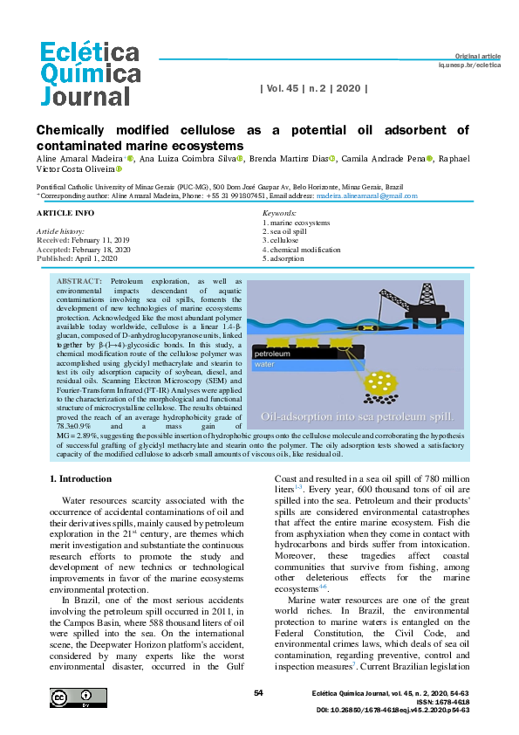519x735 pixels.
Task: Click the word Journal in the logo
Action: (85, 93)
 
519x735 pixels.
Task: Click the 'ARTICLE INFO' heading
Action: (65, 213)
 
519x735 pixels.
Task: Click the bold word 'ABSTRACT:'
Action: (79, 282)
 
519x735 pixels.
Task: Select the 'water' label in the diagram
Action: (264, 366)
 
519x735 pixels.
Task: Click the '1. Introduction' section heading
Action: (80, 479)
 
